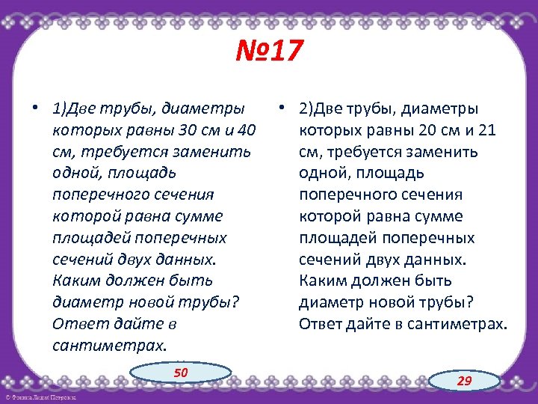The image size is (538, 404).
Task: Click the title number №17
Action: tap(269, 52)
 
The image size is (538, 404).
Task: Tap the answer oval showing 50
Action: tap(181, 373)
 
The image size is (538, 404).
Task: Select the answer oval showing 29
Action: tap(465, 381)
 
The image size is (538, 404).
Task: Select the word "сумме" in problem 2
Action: tap(441, 216)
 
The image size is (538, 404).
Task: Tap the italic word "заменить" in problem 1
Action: tap(206, 152)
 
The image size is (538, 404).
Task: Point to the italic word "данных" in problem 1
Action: tap(179, 260)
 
